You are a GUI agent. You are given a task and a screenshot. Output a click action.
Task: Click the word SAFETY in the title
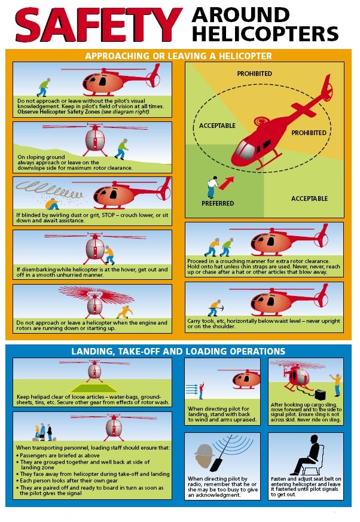tap(97, 25)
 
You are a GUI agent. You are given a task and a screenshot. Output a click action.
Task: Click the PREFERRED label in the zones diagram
tap(217, 204)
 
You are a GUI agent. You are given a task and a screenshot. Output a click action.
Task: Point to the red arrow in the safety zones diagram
tap(227, 180)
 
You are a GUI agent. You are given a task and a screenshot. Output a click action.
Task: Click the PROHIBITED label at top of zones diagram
tap(254, 74)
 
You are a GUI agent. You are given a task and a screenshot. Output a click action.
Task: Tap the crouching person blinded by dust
tap(54, 203)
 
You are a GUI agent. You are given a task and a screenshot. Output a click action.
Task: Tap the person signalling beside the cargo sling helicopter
tap(336, 383)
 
